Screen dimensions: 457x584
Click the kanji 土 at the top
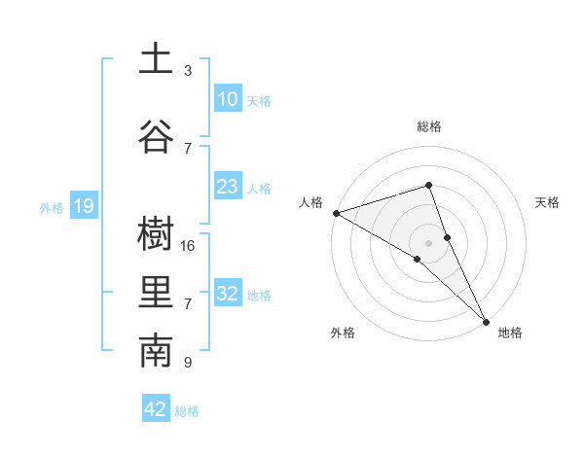(156, 58)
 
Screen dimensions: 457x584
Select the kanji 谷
(156, 134)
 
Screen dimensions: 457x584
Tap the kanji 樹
(156, 232)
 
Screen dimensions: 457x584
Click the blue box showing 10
(227, 99)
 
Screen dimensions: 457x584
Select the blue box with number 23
(227, 187)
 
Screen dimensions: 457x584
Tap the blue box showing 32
(227, 294)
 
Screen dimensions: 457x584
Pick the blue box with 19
(83, 206)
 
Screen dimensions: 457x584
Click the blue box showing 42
(156, 409)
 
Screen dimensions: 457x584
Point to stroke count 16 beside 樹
(188, 246)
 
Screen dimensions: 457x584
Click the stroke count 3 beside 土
(188, 71)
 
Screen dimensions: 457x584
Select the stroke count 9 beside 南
(188, 363)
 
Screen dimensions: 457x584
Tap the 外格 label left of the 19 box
(51, 207)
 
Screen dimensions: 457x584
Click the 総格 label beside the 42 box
(187, 411)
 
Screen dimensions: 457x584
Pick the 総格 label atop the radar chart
(429, 126)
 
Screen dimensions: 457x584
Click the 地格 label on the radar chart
(510, 333)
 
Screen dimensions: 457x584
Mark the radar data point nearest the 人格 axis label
(336, 213)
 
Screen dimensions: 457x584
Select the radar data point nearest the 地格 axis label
(485, 321)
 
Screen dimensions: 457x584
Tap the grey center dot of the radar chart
(429, 242)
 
